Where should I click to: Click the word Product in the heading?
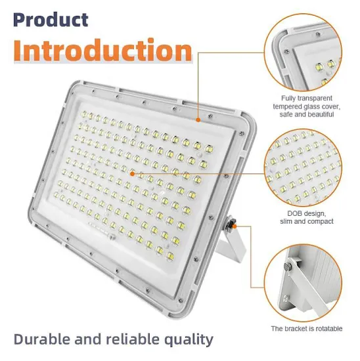50,19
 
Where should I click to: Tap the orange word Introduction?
102,51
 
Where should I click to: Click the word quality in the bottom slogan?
187,339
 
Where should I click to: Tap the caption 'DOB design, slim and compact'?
306,217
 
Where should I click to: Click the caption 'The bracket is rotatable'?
306,328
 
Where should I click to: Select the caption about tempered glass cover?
306,106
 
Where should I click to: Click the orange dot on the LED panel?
133,174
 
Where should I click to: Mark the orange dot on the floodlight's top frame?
199,120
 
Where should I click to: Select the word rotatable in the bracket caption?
326,328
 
